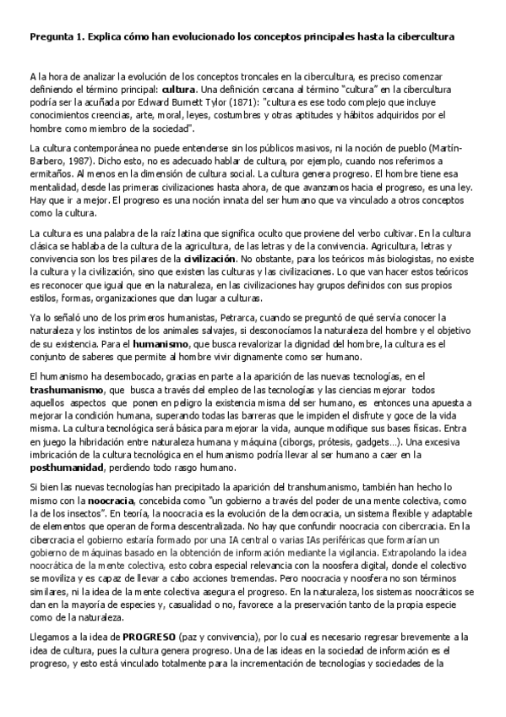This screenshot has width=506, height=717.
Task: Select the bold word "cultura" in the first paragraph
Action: (178, 88)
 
